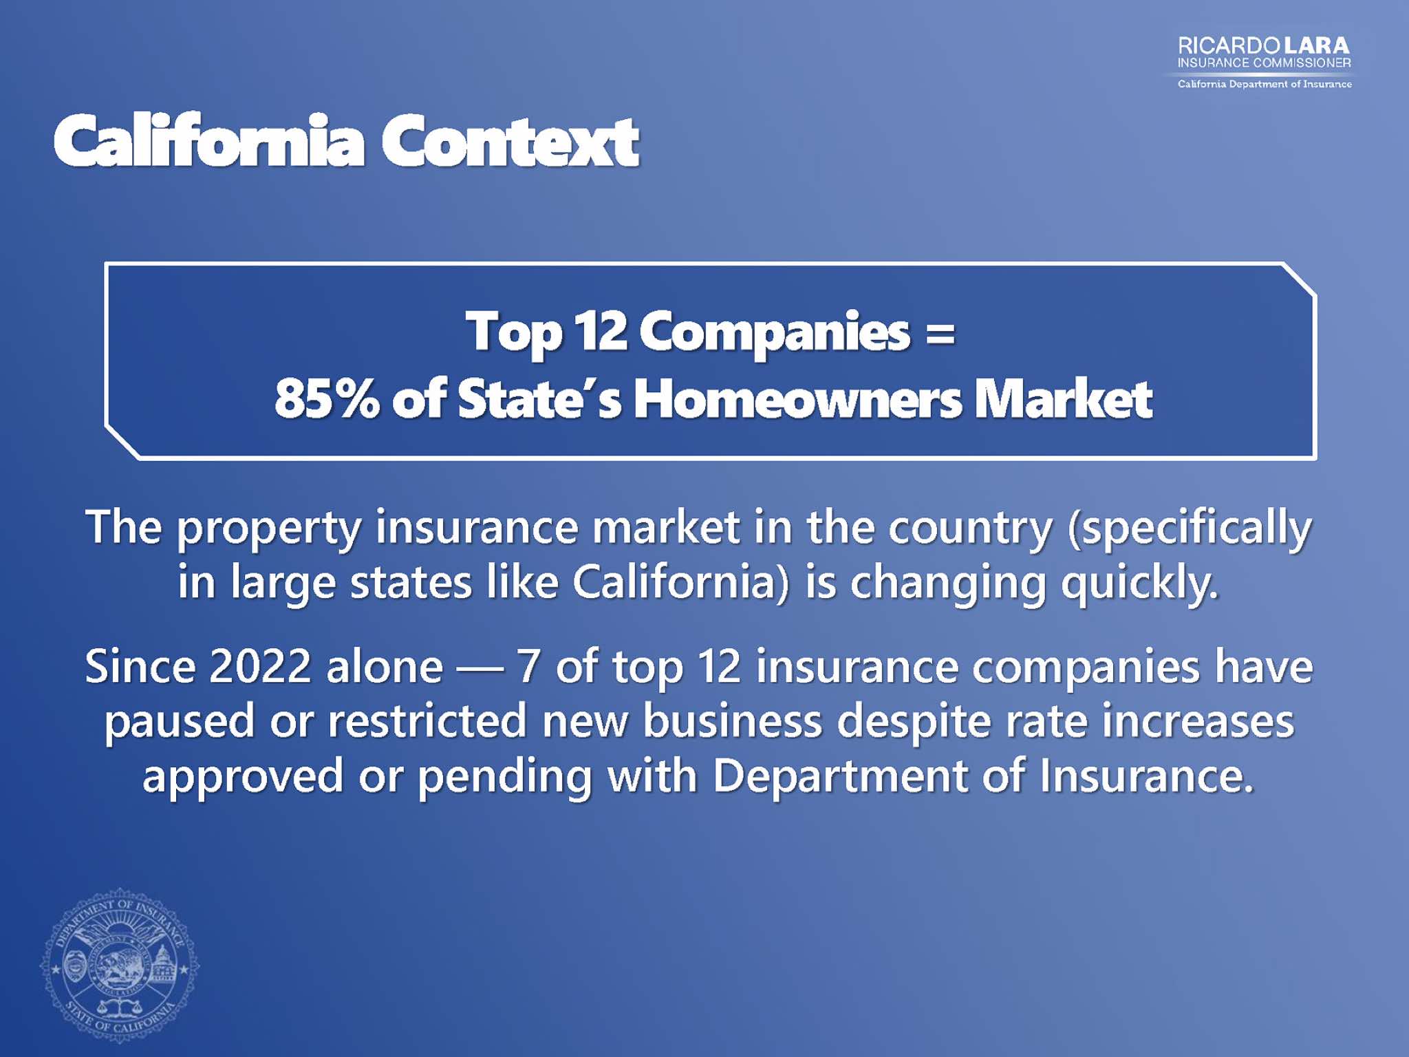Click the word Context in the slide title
[510, 141]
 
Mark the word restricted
[427, 720]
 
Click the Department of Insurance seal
[119, 965]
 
